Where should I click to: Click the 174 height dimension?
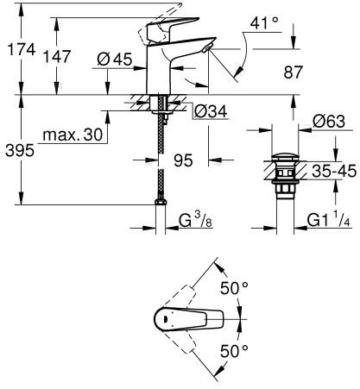click(22, 49)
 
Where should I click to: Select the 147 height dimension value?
click(57, 56)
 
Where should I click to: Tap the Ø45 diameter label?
click(115, 60)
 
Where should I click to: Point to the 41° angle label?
click(264, 23)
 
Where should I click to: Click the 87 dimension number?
click(294, 72)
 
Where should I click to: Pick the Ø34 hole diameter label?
click(211, 111)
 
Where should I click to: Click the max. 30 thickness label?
click(73, 135)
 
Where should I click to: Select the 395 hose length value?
click(20, 150)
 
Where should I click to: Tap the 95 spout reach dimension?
click(183, 160)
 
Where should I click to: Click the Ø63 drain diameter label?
click(329, 122)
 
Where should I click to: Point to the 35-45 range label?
click(334, 171)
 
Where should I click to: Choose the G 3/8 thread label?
click(196, 221)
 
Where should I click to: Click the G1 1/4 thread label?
click(329, 221)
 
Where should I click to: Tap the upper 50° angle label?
click(234, 288)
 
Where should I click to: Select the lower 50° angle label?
click(234, 351)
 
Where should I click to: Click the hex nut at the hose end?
click(161, 202)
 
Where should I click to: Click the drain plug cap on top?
click(286, 158)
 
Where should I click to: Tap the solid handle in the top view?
click(189, 319)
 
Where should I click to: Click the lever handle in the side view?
click(173, 28)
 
